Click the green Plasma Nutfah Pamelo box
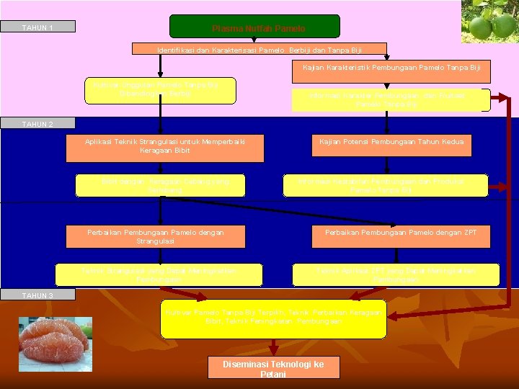click(254, 27)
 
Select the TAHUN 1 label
click(37, 28)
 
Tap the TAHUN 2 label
click(37, 124)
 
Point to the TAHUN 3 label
click(37, 295)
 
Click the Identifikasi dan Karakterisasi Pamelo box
click(259, 50)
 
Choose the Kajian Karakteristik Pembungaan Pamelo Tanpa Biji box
click(391, 71)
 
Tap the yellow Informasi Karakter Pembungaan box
click(390, 100)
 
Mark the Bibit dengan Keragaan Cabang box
click(165, 185)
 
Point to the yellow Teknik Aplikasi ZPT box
click(396, 274)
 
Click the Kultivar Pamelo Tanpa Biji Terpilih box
click(273, 318)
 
